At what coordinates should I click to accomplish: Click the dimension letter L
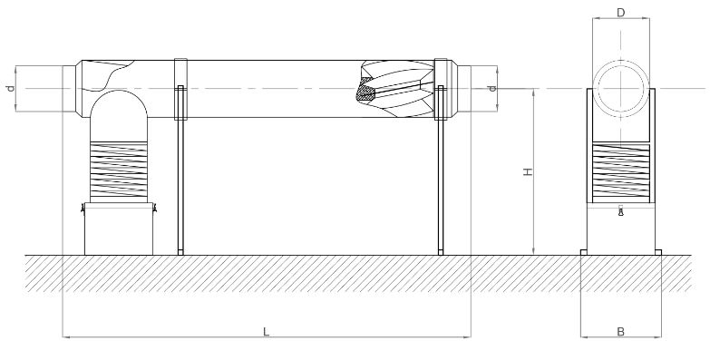267,332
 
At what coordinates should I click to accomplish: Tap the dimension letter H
528,171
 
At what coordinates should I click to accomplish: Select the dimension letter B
621,332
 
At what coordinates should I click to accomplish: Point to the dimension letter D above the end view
621,13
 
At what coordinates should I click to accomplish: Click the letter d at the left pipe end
11,88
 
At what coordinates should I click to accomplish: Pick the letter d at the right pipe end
492,88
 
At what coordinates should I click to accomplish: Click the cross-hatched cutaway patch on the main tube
365,90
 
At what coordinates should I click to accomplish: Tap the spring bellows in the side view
119,171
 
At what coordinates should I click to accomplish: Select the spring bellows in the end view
621,173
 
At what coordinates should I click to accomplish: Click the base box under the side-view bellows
119,229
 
